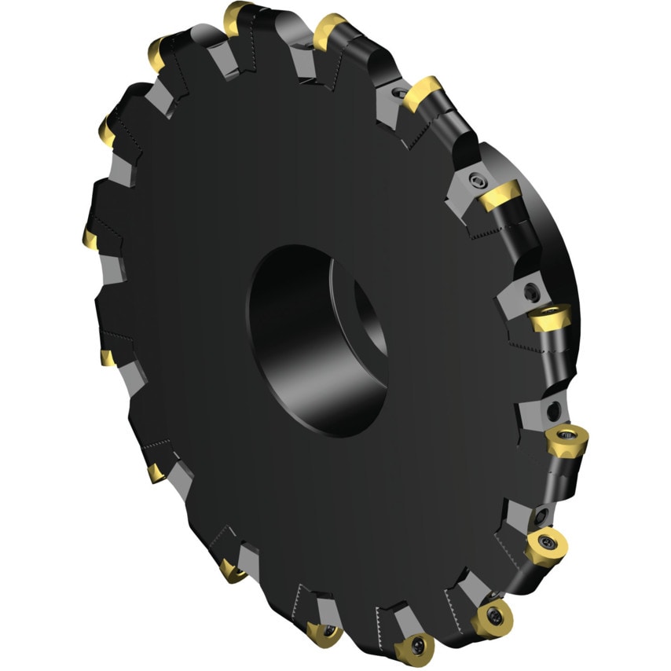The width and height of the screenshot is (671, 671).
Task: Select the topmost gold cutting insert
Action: coord(236,16)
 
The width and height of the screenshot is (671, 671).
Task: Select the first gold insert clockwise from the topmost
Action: coord(330,31)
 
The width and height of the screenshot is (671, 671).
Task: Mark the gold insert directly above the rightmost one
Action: coord(549,318)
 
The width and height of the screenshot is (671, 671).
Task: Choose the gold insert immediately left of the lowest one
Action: coord(323,632)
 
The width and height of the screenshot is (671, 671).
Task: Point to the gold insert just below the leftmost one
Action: coord(107,358)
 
